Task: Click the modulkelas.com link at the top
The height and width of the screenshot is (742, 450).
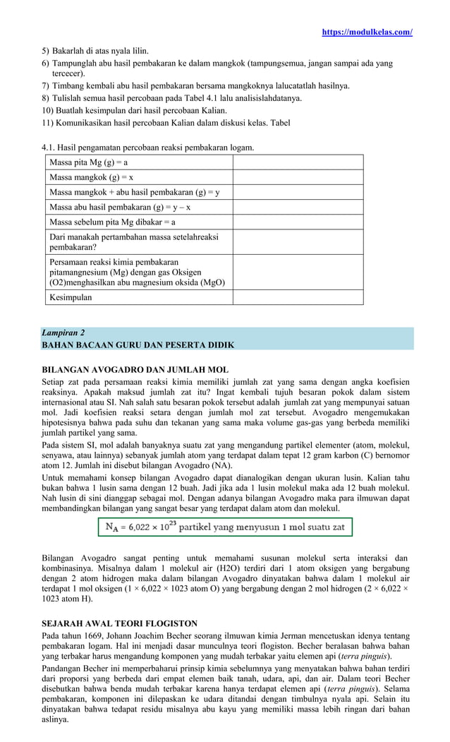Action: point(367,32)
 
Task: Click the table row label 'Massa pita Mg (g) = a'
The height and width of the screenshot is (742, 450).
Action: point(88,162)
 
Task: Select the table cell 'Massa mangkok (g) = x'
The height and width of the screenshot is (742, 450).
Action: point(91,177)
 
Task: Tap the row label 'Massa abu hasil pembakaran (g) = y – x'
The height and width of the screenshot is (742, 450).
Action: point(120,207)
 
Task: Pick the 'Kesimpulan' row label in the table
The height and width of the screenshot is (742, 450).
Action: point(71,297)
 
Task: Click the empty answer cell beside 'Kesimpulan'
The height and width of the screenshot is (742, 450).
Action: point(298,297)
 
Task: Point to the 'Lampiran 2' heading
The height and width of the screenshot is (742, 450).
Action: point(63,332)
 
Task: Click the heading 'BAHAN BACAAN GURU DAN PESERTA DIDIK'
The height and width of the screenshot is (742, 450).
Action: point(138,345)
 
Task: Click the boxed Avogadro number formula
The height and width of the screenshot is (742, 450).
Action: point(224,527)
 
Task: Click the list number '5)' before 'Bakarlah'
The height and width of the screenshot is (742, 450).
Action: point(46,52)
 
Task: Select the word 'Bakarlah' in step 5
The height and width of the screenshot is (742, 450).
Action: point(69,52)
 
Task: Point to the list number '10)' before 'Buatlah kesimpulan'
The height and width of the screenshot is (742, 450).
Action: point(48,110)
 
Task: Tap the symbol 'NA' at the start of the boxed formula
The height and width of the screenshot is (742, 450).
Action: point(111,527)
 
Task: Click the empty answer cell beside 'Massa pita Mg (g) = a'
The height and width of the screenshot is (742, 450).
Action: point(298,162)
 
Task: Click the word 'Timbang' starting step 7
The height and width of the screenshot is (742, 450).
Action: point(69,86)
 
